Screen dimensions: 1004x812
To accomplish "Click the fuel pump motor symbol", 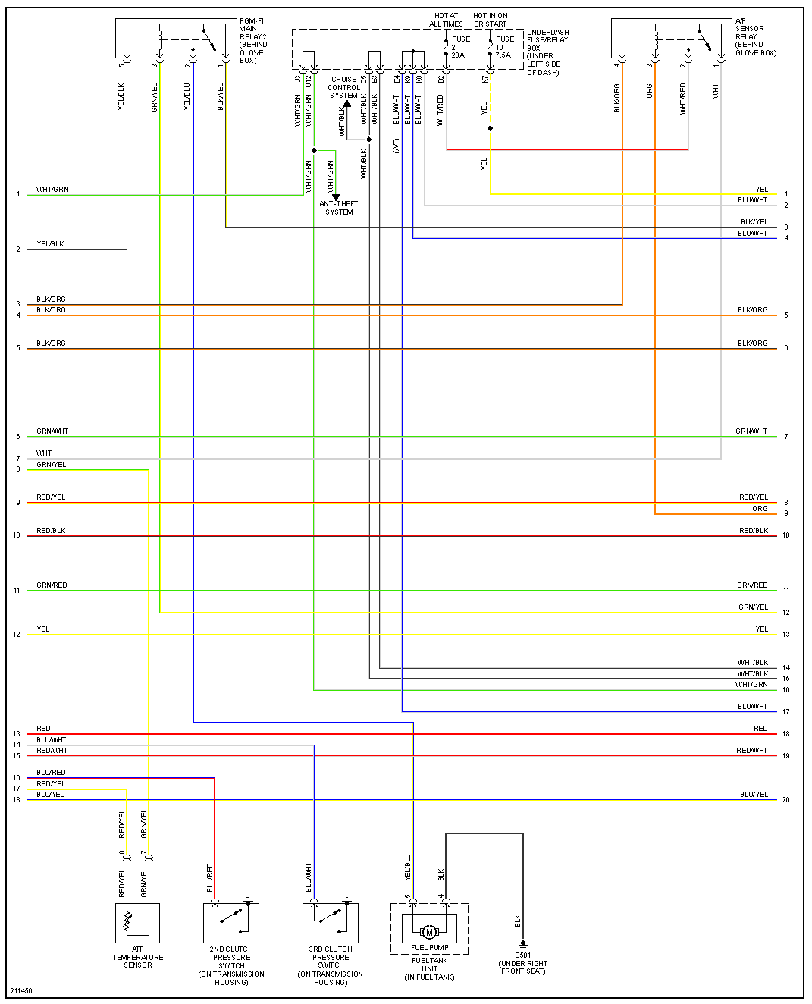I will click(429, 932).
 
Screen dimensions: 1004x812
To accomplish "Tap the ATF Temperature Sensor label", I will click(138, 957).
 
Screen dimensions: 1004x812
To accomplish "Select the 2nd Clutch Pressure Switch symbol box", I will click(231, 922).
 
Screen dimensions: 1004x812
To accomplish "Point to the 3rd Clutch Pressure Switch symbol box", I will click(331, 922).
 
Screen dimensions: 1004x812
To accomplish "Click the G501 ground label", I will click(523, 963).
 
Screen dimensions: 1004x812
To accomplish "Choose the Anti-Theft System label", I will click(339, 208).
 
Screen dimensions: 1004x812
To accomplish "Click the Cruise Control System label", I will click(344, 87).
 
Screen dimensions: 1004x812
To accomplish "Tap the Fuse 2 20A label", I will click(460, 47).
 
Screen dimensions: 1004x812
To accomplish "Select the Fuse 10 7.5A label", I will click(504, 47).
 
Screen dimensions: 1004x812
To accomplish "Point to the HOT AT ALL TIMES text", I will click(446, 20).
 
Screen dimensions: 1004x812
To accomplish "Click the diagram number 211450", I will click(21, 990).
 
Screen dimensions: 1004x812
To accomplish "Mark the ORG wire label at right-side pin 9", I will click(760, 509).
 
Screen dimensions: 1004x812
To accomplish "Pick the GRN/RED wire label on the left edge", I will click(52, 585).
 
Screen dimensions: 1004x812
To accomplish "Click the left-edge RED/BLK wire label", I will click(51, 531).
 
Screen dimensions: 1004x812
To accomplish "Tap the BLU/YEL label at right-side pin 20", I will click(754, 795).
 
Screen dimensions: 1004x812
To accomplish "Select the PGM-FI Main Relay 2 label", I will click(253, 41).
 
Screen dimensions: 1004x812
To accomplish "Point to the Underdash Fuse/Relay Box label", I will click(547, 52).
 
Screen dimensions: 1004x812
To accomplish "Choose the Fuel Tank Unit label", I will click(430, 968).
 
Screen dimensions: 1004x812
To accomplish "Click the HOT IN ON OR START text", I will click(491, 20).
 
